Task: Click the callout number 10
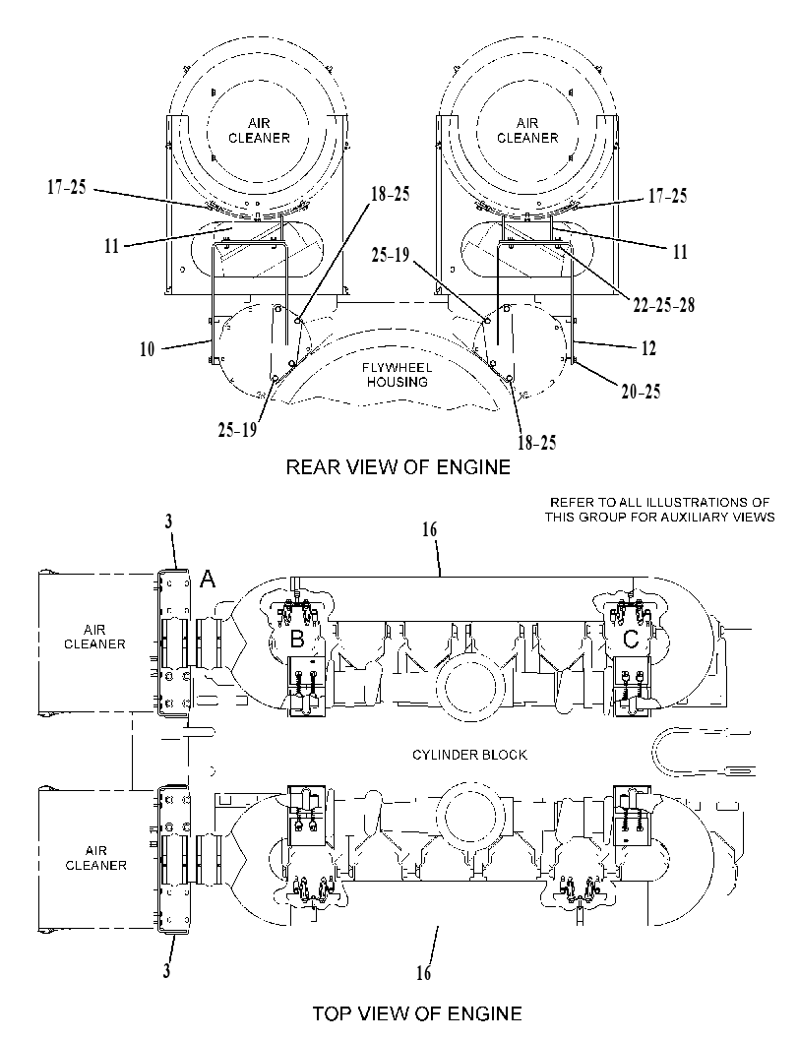(147, 349)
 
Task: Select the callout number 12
(648, 348)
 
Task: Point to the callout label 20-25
(641, 392)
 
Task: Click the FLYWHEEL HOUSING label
(398, 375)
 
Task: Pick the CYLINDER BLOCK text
(469, 755)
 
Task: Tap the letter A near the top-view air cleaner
(208, 581)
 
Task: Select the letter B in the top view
(298, 641)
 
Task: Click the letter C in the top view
(631, 641)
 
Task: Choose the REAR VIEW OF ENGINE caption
(398, 467)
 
